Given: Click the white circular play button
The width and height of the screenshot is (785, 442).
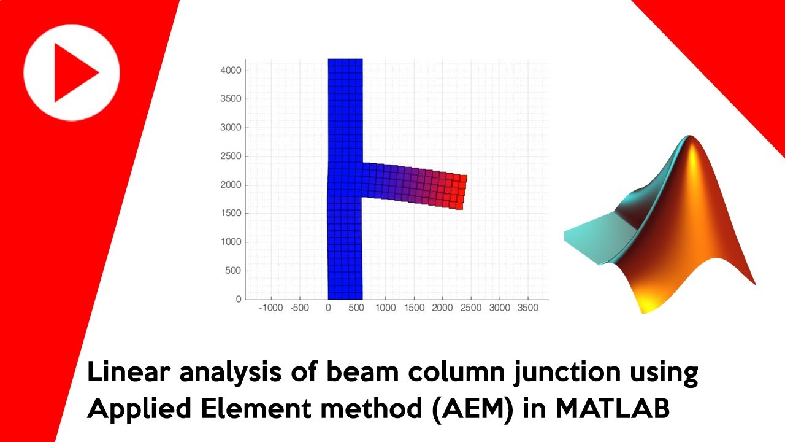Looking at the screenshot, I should [x=72, y=72].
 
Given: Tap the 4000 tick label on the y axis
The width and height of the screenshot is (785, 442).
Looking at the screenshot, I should [x=231, y=71].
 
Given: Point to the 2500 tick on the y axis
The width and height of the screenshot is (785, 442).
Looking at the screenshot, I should [x=231, y=157].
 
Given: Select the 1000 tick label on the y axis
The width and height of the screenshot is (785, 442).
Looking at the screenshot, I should [x=231, y=242].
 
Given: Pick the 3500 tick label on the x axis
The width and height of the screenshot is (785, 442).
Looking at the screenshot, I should [x=527, y=308].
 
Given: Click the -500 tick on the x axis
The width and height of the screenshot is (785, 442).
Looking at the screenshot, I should [x=299, y=308].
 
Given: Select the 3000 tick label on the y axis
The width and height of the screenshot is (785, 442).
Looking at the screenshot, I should [x=231, y=128].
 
